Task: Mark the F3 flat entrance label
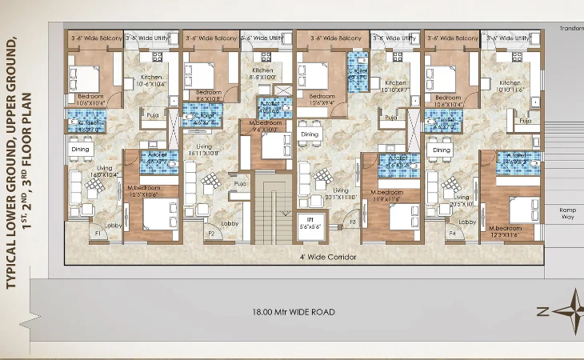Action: click(x=352, y=233)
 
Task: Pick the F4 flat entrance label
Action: click(x=452, y=233)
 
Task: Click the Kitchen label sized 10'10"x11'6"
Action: click(x=509, y=86)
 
